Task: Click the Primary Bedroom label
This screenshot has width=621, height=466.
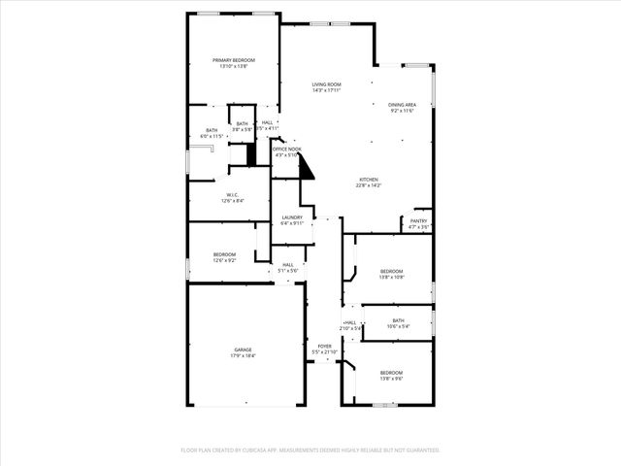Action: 234,60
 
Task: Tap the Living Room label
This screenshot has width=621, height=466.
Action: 326,84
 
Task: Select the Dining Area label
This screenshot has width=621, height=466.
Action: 403,105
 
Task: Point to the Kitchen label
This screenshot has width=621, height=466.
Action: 369,180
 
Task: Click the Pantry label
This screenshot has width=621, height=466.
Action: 418,221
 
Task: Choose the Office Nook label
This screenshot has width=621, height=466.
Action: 288,149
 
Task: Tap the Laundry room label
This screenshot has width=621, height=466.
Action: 292,217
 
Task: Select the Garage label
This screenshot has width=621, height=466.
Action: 243,350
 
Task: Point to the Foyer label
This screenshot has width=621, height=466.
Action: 324,346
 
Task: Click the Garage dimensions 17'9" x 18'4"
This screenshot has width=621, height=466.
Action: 243,356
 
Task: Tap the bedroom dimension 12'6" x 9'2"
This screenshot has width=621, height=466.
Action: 225,260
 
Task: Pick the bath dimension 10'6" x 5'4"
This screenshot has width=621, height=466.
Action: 399,326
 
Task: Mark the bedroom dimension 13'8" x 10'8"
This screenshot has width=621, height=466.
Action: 391,277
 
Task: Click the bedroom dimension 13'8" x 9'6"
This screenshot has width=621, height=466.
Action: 391,380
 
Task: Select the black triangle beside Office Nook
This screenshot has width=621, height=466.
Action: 307,169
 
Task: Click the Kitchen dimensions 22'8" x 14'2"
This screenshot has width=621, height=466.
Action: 369,185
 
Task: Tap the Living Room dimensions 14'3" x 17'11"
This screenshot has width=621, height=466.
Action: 326,90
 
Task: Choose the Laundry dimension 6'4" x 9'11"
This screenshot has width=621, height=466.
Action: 292,223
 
